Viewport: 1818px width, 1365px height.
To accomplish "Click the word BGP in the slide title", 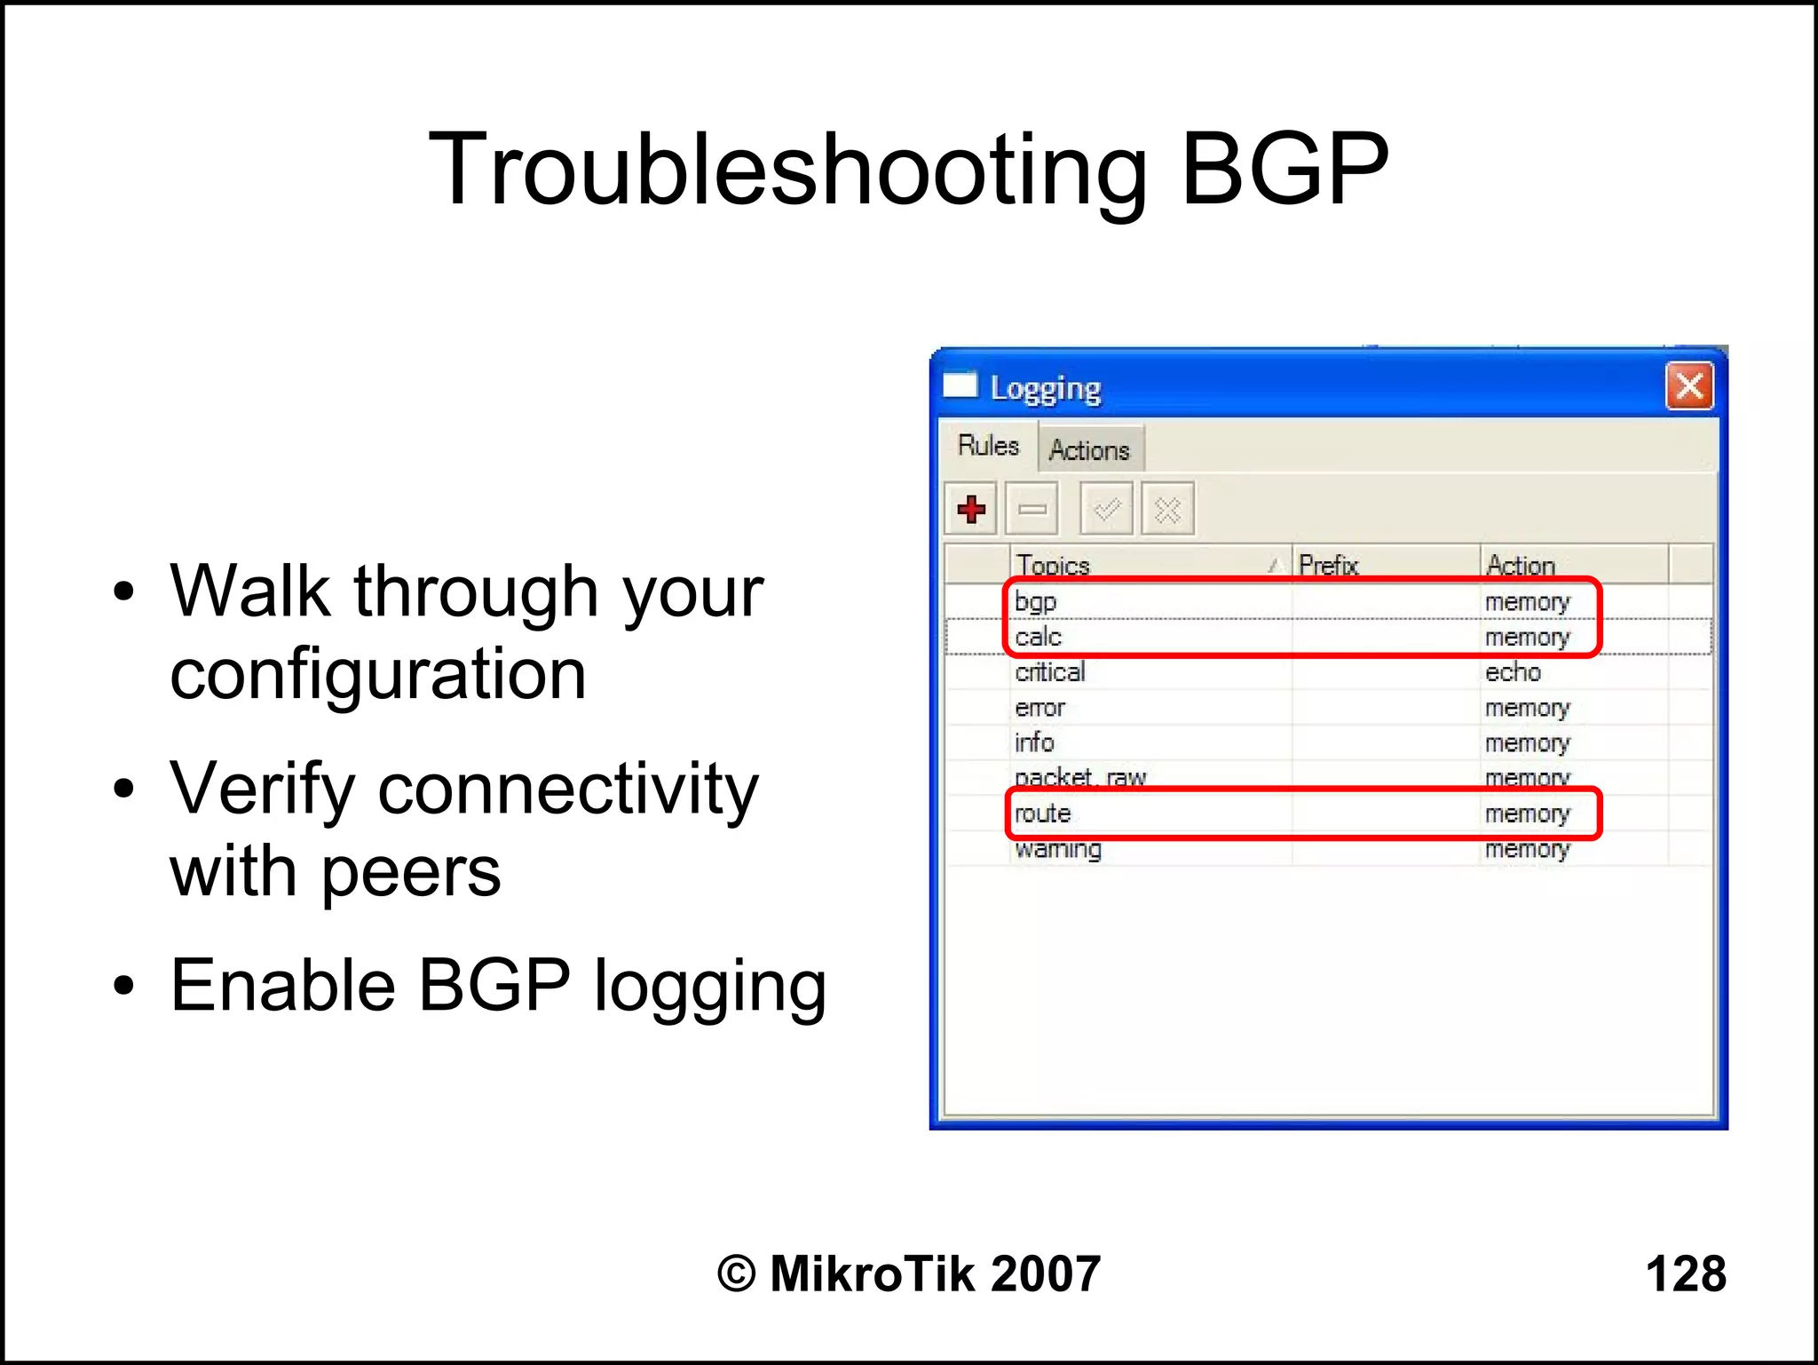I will point(1284,169).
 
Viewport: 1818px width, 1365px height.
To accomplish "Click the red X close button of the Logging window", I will point(1688,386).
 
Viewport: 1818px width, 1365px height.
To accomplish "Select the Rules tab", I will point(988,445).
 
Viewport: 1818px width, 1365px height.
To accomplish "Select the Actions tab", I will point(1089,450).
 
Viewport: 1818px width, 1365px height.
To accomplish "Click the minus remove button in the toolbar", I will point(1032,509).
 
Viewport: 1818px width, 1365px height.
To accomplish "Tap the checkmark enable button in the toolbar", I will point(1106,509).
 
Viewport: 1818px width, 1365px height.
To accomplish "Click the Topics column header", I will point(1054,565).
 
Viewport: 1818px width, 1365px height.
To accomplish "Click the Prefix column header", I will point(1328,565).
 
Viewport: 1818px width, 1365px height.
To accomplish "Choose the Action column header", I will point(1521,565).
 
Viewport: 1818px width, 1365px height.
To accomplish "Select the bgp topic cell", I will point(1036,601).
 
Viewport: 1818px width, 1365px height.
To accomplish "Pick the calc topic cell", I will point(1039,637).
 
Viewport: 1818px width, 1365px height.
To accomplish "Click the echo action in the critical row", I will point(1513,672).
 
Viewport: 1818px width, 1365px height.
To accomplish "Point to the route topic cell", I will point(1043,813).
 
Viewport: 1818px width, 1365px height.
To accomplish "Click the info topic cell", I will point(1035,742).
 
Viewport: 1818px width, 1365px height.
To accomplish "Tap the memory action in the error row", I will point(1527,708).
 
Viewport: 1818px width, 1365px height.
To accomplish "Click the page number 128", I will point(1685,1274).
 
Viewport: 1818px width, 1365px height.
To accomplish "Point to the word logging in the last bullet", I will point(710,988).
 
